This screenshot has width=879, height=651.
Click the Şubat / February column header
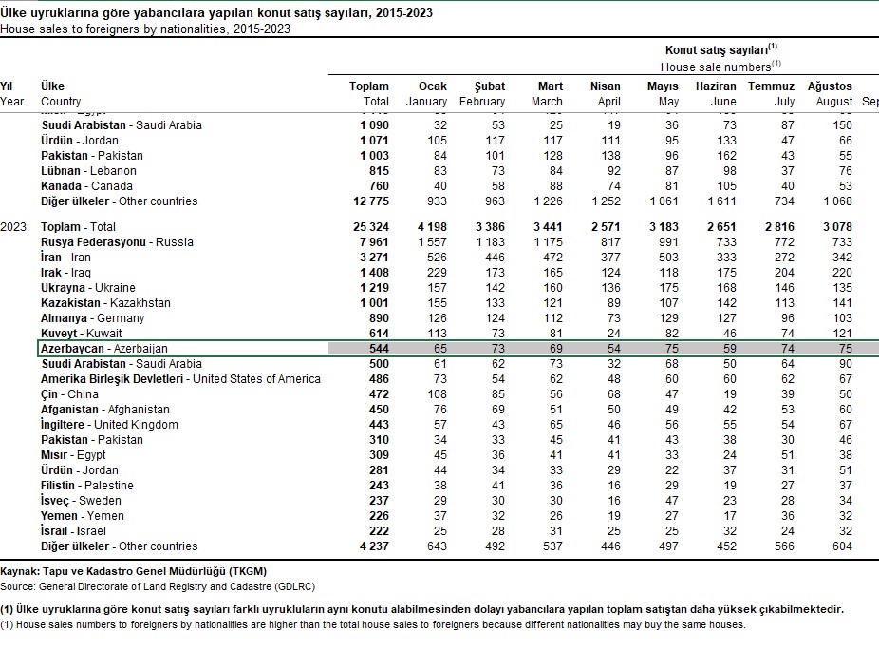482,94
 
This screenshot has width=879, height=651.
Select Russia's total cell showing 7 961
369,242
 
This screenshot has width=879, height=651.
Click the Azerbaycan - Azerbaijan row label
104,349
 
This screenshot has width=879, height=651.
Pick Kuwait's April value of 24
611,334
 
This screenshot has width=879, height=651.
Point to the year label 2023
12,227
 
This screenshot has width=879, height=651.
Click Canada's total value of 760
375,186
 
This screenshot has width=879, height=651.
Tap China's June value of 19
729,394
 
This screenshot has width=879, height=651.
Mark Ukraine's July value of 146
784,288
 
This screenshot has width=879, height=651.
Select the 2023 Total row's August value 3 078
832,227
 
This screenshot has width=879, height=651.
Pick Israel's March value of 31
554,531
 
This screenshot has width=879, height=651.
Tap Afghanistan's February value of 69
496,410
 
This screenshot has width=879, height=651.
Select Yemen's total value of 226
376,516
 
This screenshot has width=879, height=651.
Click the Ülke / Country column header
61,94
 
